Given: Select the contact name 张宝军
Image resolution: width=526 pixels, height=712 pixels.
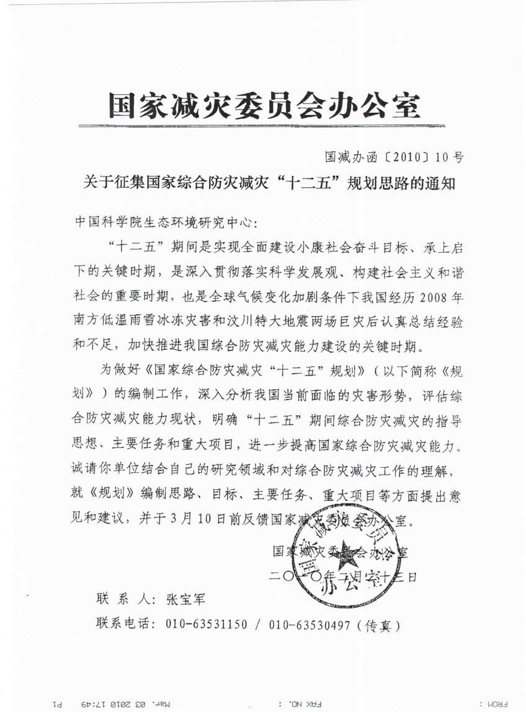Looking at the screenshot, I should tap(184, 599).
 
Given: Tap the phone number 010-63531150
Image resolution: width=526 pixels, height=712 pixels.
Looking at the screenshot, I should tap(207, 625).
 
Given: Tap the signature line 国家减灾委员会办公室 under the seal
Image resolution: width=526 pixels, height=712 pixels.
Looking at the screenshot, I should tap(340, 551).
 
